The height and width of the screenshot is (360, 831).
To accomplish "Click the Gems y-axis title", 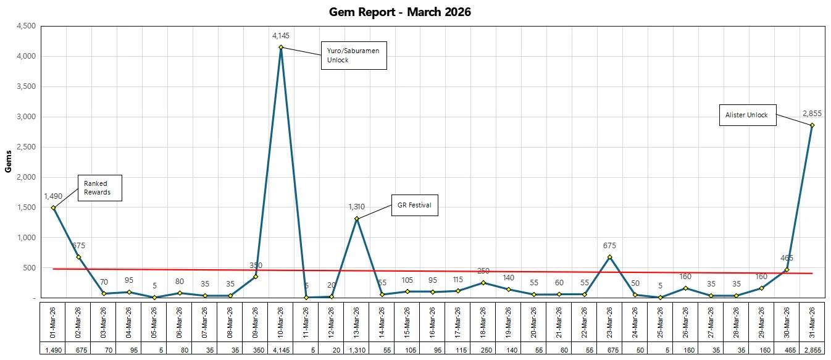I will point(8,162).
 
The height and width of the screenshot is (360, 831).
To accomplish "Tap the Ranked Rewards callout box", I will point(99,188).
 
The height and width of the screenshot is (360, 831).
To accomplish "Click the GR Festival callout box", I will point(415,206).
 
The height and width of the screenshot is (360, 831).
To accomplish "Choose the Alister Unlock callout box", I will point(748,115).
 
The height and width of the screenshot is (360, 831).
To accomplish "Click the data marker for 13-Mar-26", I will point(357,219).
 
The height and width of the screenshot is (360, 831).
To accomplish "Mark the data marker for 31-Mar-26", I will point(812,125).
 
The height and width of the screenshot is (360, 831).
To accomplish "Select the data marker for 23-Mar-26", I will point(609,257).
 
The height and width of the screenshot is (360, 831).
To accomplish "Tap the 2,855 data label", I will point(812,113).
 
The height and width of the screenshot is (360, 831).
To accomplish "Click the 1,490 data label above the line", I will point(54,196).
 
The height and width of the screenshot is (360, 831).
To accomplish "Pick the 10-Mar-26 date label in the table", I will point(281,322).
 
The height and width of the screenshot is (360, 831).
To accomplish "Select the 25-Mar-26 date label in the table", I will point(660,322).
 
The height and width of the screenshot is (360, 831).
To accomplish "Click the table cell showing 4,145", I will point(281,350).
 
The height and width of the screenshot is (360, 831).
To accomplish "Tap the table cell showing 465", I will point(787,350).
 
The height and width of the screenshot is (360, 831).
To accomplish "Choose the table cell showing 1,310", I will point(357,350).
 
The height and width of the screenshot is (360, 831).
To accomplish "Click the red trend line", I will point(432,271).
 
